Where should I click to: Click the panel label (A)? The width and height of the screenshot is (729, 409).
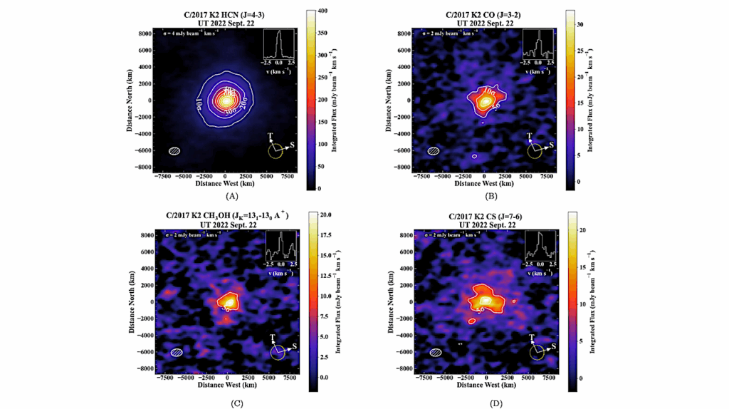231,195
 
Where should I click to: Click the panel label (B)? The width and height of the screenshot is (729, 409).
490,195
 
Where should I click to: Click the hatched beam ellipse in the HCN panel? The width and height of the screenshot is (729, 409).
174,150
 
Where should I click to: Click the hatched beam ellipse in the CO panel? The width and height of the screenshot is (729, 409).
433,150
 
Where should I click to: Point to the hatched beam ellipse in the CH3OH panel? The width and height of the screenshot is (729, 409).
177,352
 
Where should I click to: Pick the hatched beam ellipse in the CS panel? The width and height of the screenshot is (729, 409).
435,352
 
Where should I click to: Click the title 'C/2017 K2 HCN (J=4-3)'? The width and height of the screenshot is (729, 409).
226,14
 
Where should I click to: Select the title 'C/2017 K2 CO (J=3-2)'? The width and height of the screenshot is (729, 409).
485,14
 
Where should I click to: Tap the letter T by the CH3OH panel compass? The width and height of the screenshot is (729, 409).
273,337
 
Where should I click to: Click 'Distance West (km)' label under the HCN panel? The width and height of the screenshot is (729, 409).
225,183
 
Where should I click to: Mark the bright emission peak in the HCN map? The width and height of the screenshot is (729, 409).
226,100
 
